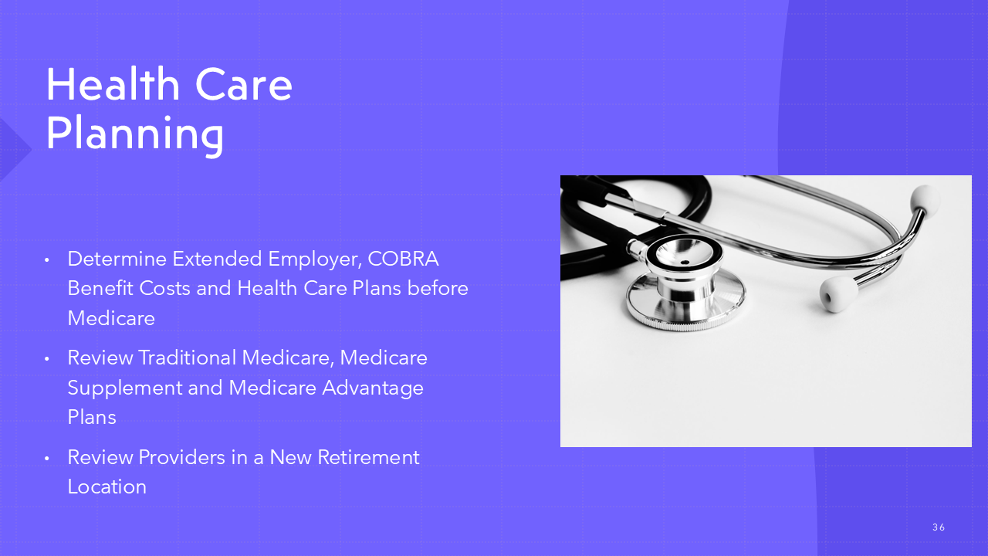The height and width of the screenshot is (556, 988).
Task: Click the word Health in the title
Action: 113,84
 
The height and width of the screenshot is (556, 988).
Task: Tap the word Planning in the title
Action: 135,134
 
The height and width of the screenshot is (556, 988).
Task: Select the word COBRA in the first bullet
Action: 403,259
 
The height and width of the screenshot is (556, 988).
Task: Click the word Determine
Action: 117,259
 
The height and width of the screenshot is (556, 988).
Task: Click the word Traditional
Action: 188,358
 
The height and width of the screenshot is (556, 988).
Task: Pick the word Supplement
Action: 125,388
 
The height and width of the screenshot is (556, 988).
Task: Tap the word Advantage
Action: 373,388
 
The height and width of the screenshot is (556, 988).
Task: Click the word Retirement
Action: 368,457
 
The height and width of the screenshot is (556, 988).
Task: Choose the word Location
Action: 107,486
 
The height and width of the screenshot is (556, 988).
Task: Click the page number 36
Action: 939,527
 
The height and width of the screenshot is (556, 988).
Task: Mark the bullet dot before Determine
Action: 47,260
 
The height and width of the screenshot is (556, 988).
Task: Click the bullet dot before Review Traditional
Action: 47,359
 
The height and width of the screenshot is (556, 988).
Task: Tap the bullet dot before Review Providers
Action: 47,458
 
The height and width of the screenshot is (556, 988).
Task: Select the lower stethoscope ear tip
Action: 837,293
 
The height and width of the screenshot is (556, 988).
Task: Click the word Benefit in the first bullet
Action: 100,289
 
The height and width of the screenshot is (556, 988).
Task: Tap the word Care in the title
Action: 243,84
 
